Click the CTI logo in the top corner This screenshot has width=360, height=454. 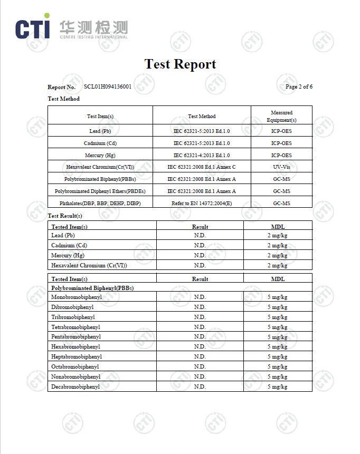pyautogui.click(x=33, y=28)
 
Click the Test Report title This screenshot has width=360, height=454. pyautogui.click(x=180, y=64)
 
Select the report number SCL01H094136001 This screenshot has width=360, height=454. pyautogui.click(x=108, y=86)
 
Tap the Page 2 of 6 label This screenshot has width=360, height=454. pyautogui.click(x=299, y=86)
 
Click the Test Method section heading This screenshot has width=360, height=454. pyautogui.click(x=64, y=99)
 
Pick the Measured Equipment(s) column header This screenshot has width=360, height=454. pyautogui.click(x=281, y=116)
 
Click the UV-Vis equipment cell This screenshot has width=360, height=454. pyautogui.click(x=281, y=167)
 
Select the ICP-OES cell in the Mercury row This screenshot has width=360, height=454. pyautogui.click(x=281, y=155)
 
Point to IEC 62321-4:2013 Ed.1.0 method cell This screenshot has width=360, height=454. pyautogui.click(x=202, y=155)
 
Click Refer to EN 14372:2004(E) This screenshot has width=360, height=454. pyautogui.click(x=202, y=203)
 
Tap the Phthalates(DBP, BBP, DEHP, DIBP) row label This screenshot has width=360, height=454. pyautogui.click(x=100, y=203)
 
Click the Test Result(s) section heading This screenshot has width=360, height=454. pyautogui.click(x=65, y=216)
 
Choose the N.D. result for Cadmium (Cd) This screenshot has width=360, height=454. pyautogui.click(x=200, y=245)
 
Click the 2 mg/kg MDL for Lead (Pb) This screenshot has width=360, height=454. pyautogui.click(x=277, y=235)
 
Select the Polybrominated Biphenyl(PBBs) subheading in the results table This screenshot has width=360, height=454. pyautogui.click(x=92, y=288)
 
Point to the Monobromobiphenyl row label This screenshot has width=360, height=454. pyautogui.click(x=77, y=297)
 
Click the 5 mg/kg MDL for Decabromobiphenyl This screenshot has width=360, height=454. pyautogui.click(x=277, y=387)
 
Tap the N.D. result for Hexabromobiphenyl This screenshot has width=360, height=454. pyautogui.click(x=200, y=346)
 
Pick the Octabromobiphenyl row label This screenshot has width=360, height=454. pyautogui.click(x=75, y=366)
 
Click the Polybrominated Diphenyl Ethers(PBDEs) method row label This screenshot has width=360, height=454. pyautogui.click(x=100, y=191)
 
